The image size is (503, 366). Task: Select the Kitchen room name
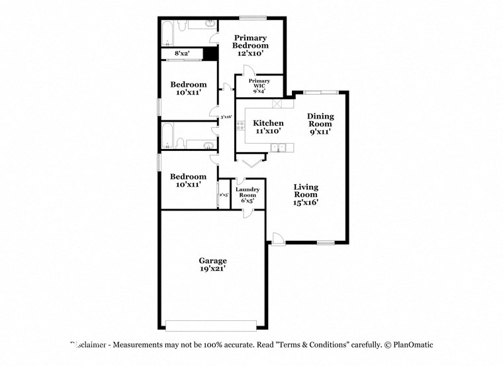269,123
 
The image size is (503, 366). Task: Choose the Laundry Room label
248,192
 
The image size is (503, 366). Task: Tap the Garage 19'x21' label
213,265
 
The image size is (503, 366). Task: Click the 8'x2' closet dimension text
181,53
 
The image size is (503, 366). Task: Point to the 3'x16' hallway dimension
226,117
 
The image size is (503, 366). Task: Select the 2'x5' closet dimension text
224,195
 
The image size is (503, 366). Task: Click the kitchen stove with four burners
240,125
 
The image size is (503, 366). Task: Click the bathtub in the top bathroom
167,31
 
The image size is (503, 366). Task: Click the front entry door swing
278,238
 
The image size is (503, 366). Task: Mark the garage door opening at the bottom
210,325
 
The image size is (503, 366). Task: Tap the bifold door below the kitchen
251,161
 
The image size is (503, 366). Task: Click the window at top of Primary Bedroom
248,17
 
